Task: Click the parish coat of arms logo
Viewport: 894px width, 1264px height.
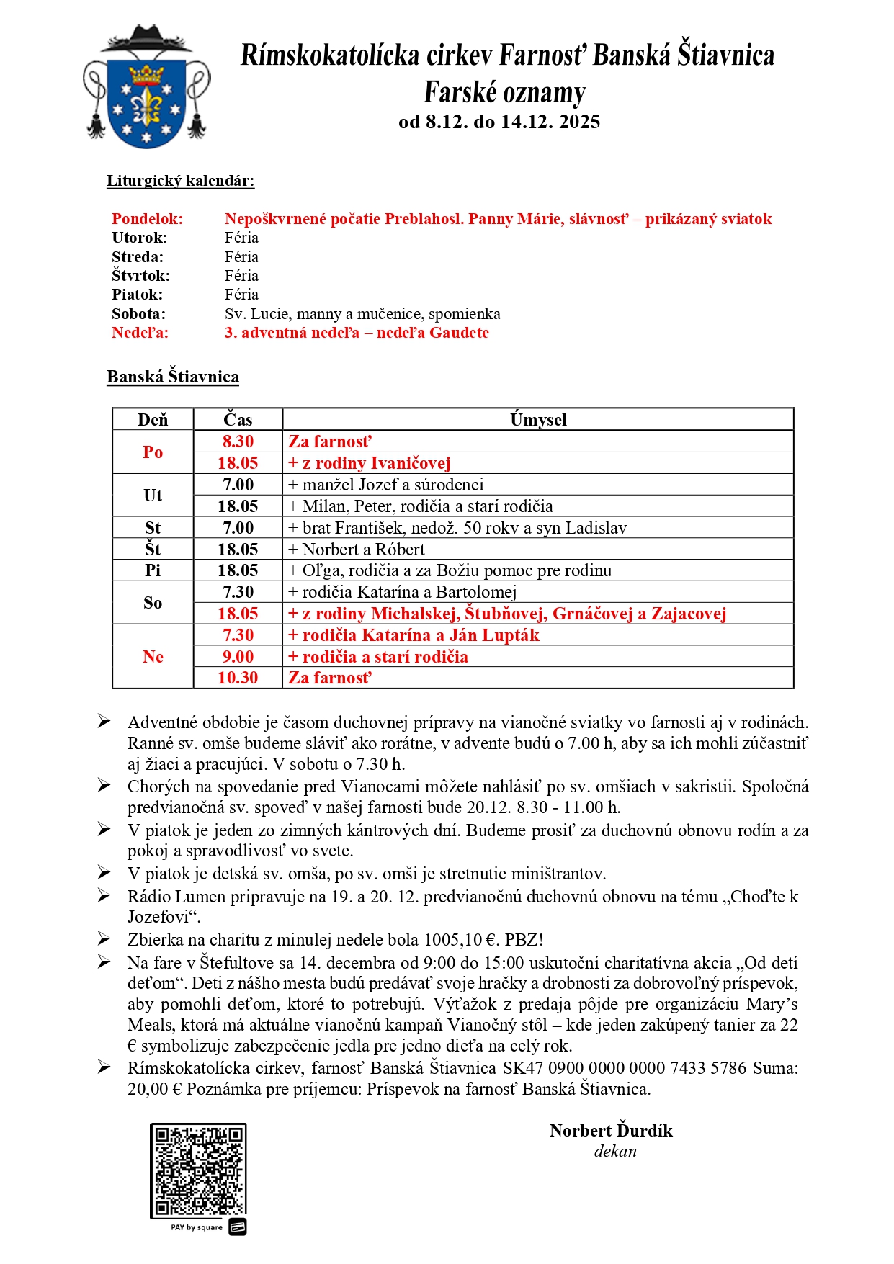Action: coord(147,87)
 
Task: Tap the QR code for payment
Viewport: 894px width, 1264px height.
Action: coord(198,1170)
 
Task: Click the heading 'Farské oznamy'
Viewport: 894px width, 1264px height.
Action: coord(504,93)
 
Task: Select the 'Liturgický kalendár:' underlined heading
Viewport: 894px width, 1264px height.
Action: coord(180,181)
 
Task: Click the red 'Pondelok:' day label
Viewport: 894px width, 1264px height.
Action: coord(147,219)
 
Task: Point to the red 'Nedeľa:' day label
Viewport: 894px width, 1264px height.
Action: coord(140,333)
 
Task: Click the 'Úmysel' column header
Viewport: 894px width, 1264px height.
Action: coord(538,420)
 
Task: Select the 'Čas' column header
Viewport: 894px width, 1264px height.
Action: coord(238,420)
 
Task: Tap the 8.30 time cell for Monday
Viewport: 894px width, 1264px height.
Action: coord(238,441)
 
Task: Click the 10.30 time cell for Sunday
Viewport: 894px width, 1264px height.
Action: coord(238,678)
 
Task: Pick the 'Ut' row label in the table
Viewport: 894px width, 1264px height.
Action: coord(153,496)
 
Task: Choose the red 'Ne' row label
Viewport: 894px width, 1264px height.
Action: coord(153,657)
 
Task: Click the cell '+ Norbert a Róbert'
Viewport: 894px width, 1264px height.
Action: coord(357,550)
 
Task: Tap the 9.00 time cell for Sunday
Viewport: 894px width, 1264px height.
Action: coord(238,657)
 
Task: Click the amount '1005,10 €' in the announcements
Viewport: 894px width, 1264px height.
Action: coord(462,940)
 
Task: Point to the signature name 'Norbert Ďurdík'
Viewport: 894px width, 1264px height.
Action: coord(611,1131)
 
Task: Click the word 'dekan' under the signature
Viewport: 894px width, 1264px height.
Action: coord(615,1152)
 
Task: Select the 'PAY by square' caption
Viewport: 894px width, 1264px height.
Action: coord(197,1227)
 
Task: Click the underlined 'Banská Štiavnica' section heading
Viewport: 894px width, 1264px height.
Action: coord(173,377)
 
